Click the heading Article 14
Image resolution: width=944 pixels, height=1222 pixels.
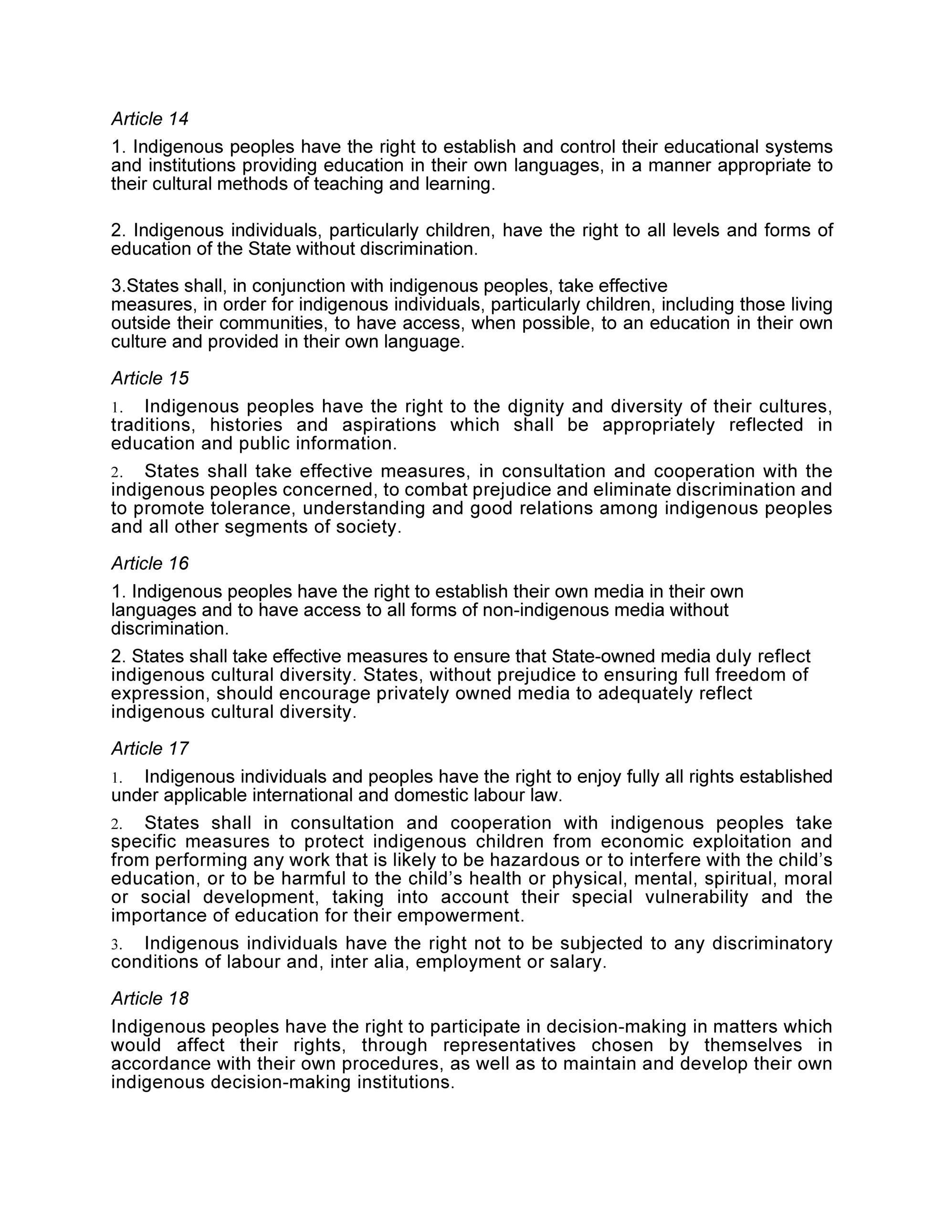pyautogui.click(x=150, y=118)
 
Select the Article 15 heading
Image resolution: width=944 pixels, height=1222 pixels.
pyautogui.click(x=150, y=378)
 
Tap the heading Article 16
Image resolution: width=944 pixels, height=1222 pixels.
pyautogui.click(x=150, y=563)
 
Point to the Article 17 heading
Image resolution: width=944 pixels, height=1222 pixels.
pyautogui.click(x=150, y=748)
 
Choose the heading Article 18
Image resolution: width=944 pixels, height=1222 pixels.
pyautogui.click(x=150, y=998)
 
